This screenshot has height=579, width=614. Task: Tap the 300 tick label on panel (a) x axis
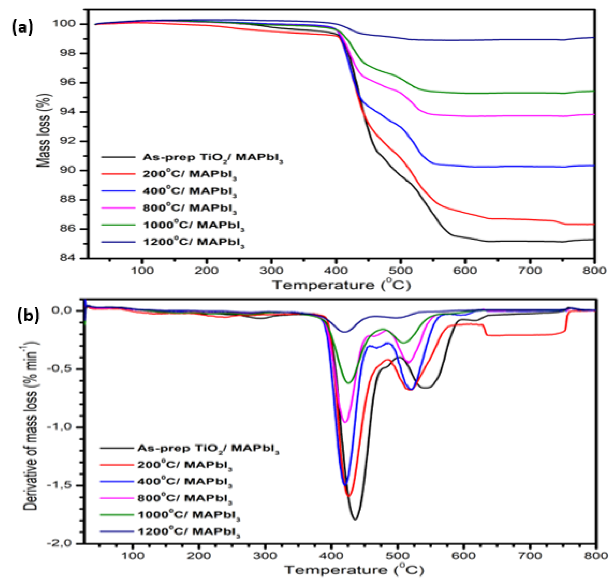tap(271, 271)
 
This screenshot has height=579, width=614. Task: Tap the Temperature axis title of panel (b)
tap(354, 570)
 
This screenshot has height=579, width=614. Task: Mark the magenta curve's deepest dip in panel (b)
tap(346, 422)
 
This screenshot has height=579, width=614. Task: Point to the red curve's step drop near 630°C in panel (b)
tap(485, 330)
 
